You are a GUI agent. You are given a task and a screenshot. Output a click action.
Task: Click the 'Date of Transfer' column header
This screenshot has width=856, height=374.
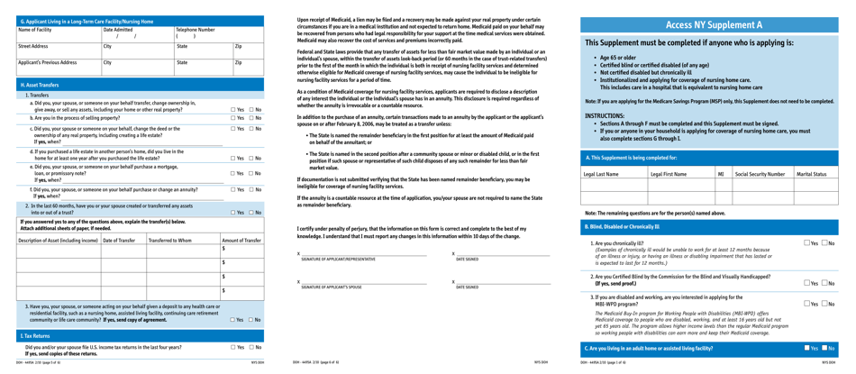[x=123, y=241]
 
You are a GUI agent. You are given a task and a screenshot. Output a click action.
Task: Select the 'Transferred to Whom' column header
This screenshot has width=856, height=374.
[x=169, y=241]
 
